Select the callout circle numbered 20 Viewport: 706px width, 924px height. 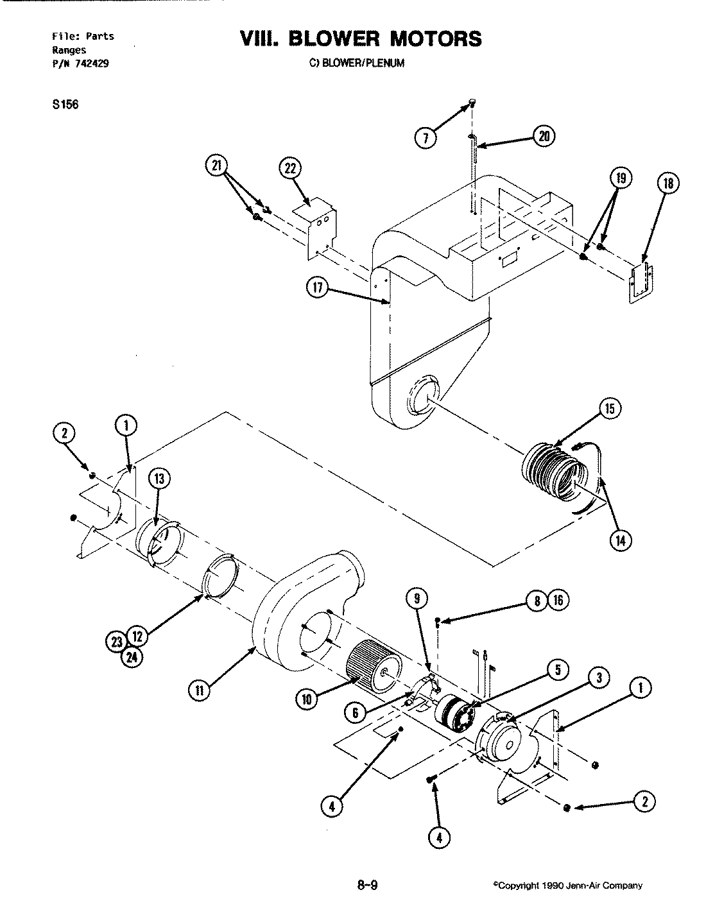point(544,136)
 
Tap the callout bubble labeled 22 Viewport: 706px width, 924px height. point(290,169)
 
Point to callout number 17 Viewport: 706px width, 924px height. point(317,289)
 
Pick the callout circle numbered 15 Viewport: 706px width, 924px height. point(610,409)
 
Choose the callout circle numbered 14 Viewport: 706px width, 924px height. point(621,540)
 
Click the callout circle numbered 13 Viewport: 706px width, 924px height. point(159,478)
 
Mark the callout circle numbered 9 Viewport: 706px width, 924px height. point(417,599)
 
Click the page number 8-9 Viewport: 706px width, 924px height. point(367,887)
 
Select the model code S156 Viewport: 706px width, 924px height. point(65,105)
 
